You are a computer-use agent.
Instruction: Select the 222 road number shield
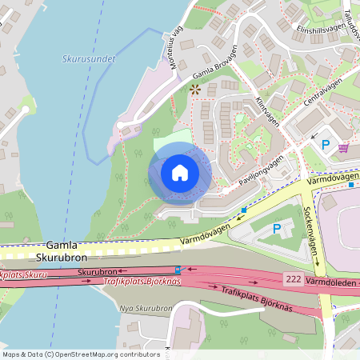pos(292,278)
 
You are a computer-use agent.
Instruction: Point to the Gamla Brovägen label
pos(216,70)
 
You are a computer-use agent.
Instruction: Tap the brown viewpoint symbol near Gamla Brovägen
pos(194,89)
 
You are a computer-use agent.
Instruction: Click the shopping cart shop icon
pos(343,148)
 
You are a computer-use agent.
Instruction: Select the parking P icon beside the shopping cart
pos(325,145)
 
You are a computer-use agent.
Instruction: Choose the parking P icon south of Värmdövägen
pos(277,230)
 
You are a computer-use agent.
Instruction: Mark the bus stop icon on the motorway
pos(177,270)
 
